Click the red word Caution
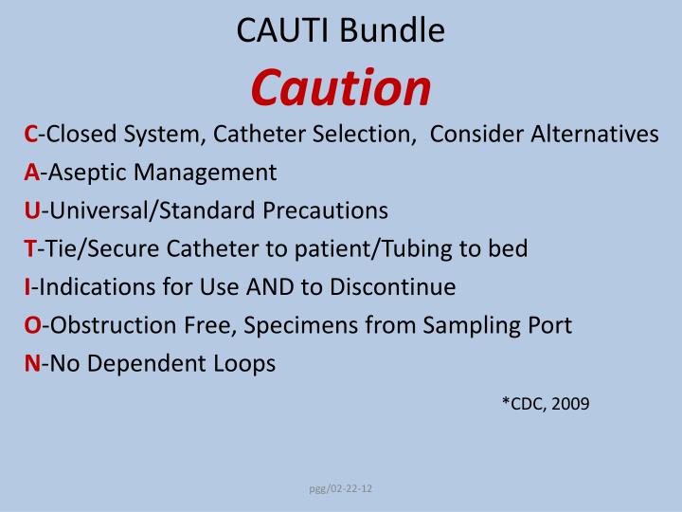coord(341,87)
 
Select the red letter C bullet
coord(30,135)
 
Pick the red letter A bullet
coord(30,173)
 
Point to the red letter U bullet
coord(30,210)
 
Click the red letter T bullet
coord(29,248)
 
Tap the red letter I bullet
coord(27,286)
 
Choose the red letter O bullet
coord(31,325)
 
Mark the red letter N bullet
coord(31,363)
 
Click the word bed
coord(509,248)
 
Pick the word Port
coord(550,325)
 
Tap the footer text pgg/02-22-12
coord(341,488)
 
